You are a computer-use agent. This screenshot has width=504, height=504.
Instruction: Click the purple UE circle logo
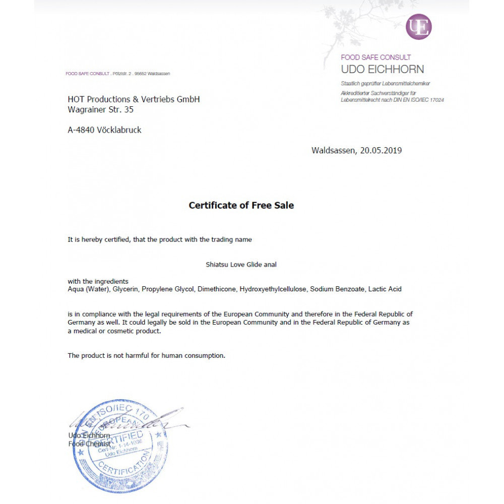point(418,26)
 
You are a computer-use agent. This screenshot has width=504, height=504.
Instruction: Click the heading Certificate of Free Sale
point(241,205)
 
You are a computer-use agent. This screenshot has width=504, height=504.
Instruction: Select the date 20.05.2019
point(381,150)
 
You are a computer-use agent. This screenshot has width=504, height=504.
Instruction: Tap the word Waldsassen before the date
point(333,150)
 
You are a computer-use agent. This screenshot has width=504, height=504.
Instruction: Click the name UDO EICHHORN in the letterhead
point(382,69)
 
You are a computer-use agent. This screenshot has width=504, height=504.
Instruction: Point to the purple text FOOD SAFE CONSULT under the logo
point(375,57)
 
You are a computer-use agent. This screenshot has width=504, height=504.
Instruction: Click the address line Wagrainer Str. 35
point(100,109)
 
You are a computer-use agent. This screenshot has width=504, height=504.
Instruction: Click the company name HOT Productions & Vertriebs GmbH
point(134,99)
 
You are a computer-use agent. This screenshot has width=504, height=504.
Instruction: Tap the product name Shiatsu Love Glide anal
point(241,264)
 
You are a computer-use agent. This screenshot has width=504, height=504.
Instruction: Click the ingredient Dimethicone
point(217,289)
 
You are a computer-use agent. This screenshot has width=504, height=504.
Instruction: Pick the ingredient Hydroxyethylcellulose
point(273,289)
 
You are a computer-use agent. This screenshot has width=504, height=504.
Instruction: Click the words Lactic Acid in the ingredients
point(385,289)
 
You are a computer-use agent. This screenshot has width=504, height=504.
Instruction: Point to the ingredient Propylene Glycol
point(167,289)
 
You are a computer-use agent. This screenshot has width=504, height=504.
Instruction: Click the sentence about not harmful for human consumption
point(146,356)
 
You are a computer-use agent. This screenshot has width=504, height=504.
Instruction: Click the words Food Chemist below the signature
point(89,444)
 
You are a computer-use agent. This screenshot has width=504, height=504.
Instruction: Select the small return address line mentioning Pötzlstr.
point(117,74)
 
